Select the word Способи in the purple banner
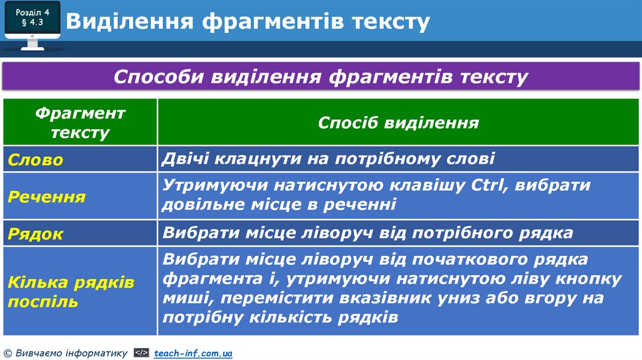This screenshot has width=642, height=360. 159,77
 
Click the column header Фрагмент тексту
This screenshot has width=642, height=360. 80,122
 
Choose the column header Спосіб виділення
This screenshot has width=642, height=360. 398,122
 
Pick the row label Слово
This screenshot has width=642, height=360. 36,160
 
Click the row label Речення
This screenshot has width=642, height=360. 47,197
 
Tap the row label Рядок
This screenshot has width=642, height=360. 36,234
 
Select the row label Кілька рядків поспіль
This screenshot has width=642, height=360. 71,292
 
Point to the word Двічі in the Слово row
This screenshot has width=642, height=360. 185,159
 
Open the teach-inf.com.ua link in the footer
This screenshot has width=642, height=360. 193,354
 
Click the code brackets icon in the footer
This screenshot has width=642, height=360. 141,354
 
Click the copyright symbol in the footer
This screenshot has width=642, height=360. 8,354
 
